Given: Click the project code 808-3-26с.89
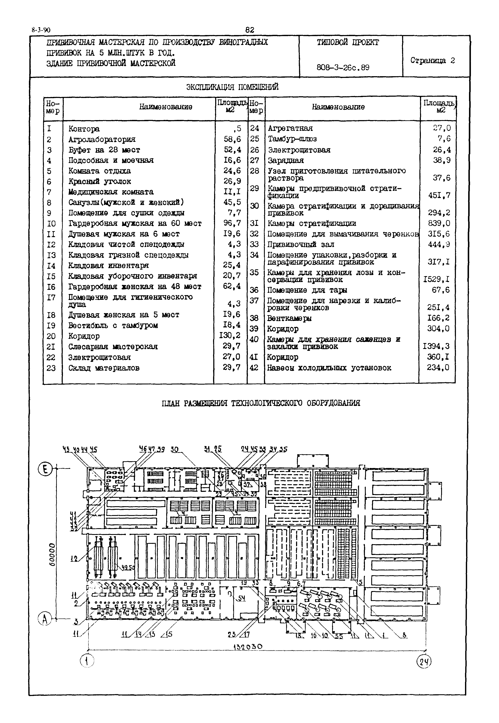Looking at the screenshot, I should (343, 67).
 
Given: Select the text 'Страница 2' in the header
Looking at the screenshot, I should (432, 60).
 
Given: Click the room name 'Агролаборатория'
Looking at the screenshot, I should (102, 139).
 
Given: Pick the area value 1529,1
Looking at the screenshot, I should (436, 279).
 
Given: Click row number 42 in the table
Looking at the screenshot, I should (254, 368).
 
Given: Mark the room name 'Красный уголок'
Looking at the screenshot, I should (99, 182).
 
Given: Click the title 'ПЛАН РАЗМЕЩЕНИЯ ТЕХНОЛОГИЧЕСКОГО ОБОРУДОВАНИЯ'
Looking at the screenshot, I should (261, 403).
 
